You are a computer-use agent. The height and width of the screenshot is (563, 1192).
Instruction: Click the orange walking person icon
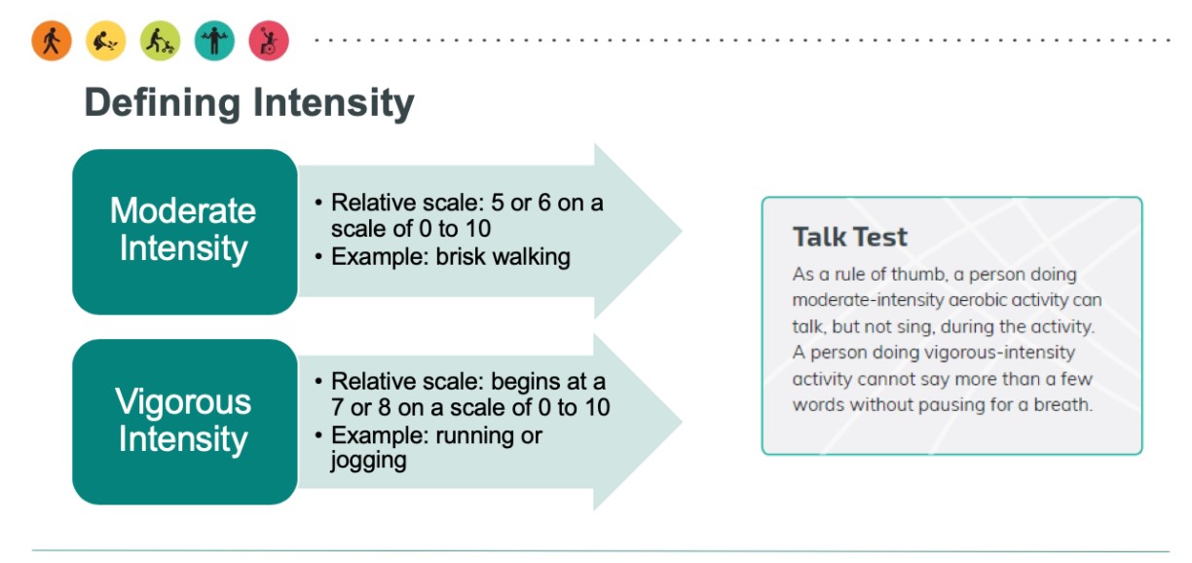click(52, 41)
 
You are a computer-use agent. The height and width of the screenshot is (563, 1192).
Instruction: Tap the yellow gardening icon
click(106, 41)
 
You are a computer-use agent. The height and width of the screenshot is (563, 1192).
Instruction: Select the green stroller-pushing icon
click(160, 41)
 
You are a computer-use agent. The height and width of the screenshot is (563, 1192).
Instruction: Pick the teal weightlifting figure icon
click(214, 41)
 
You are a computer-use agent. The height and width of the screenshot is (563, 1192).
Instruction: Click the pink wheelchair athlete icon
click(269, 41)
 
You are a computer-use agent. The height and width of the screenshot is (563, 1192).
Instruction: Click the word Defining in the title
click(163, 103)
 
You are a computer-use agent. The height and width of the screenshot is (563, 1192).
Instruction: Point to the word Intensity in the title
click(333, 102)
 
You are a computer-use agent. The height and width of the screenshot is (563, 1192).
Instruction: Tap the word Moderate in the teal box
click(183, 210)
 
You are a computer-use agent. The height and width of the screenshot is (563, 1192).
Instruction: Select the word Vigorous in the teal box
click(183, 402)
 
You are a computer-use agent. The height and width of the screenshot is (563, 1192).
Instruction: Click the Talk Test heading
click(850, 237)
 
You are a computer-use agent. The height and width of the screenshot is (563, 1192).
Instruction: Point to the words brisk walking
click(503, 257)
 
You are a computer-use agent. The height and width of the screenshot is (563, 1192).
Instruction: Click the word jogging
click(368, 461)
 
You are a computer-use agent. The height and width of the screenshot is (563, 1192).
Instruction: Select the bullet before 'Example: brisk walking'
click(318, 257)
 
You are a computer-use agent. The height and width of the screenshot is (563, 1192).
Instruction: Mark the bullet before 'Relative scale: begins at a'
click(318, 382)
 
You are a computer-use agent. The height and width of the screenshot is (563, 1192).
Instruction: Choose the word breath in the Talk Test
click(1062, 405)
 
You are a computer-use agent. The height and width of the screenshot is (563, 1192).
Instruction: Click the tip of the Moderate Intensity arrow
click(681, 231)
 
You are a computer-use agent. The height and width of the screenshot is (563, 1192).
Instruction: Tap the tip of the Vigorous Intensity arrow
click(681, 422)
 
